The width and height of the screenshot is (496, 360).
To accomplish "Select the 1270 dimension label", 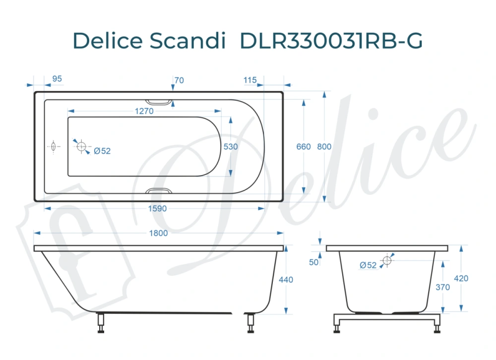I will pyautogui.click(x=144, y=111).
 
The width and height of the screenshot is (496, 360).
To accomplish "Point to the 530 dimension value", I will pyautogui.click(x=231, y=147).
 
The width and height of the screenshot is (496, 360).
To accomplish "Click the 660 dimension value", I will pyautogui.click(x=304, y=147).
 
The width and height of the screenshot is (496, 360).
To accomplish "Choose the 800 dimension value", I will pyautogui.click(x=324, y=147).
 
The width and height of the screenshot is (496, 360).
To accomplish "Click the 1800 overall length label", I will pyautogui.click(x=159, y=233).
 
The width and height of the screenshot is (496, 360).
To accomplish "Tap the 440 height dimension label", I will pyautogui.click(x=286, y=280).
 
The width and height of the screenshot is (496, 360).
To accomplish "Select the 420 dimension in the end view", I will pyautogui.click(x=461, y=278).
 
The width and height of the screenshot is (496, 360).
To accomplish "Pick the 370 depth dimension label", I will pyautogui.click(x=443, y=287).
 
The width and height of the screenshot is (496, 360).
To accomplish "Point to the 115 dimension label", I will pyautogui.click(x=250, y=80).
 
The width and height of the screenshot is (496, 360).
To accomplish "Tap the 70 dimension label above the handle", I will pyautogui.click(x=180, y=80).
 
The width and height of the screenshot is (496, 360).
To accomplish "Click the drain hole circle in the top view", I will pyautogui.click(x=81, y=147).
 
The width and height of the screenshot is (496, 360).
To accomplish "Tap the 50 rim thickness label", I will pyautogui.click(x=313, y=262).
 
